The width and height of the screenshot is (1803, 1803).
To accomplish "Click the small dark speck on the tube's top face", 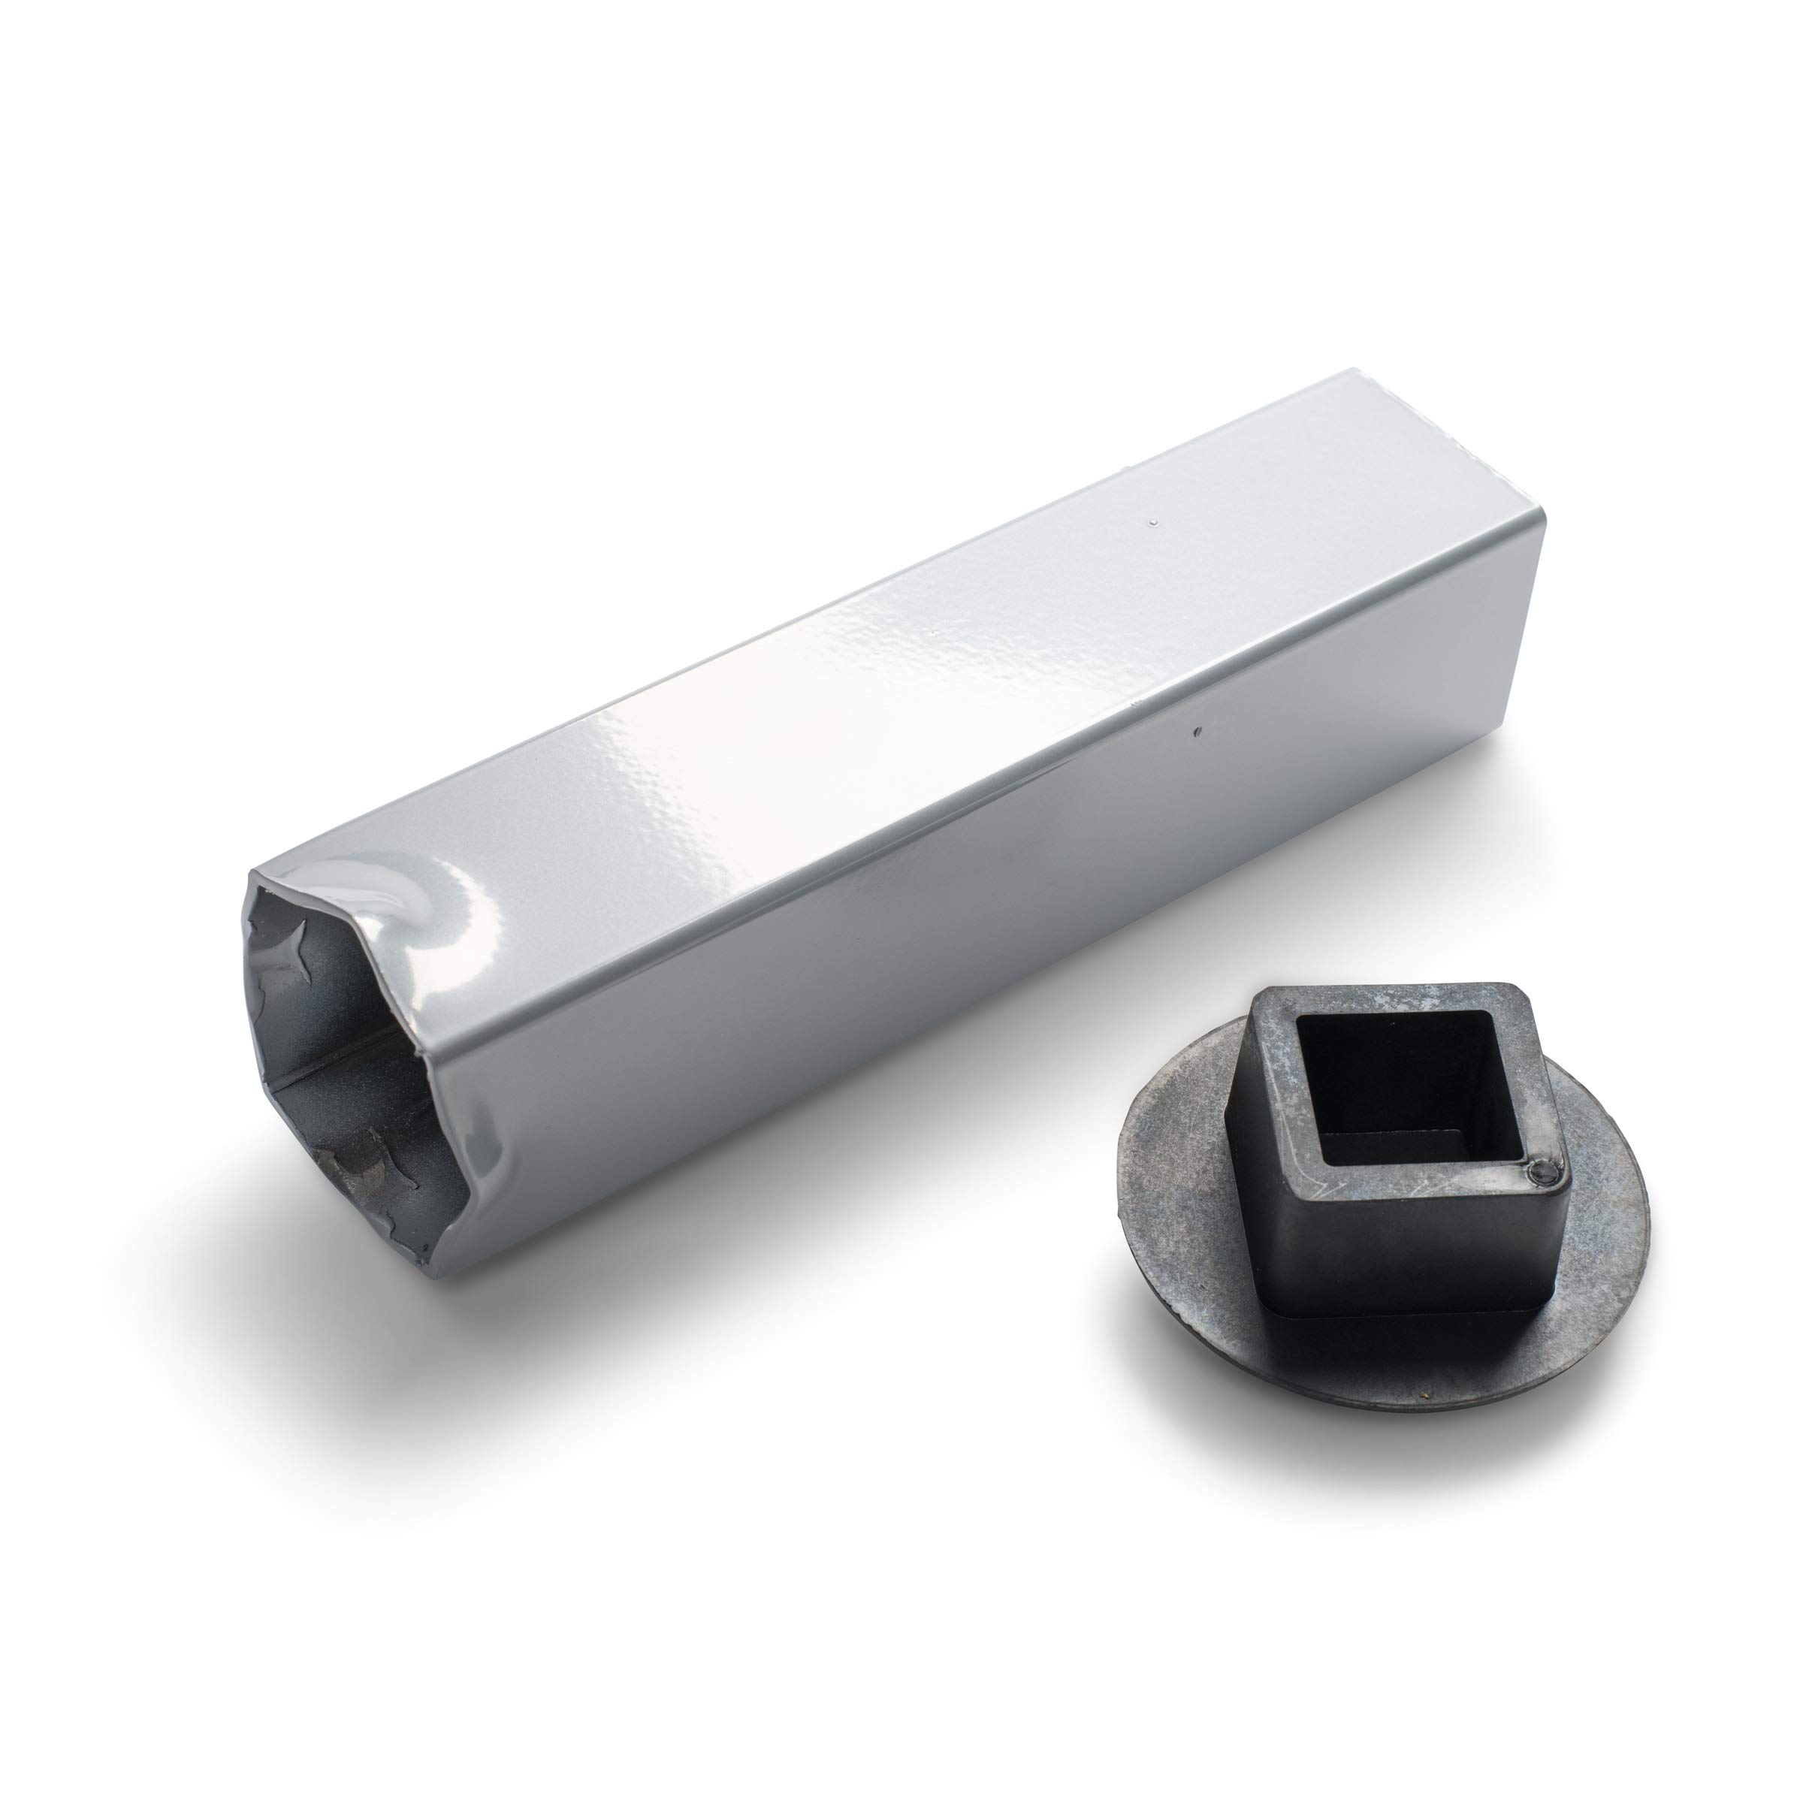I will tap(1155, 523).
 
